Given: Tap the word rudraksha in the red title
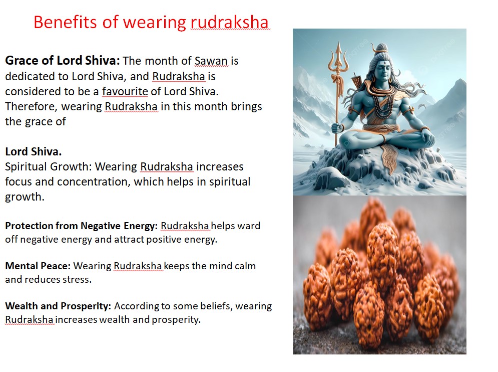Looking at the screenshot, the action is coord(230,22).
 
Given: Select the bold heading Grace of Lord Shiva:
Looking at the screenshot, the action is coord(63,61).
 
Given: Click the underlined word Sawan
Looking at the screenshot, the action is coord(211,61).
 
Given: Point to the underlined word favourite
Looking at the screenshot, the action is coord(125,91).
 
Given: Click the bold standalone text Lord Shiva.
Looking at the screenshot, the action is coord(34,151).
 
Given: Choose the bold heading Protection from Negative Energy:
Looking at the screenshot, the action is coord(81,226).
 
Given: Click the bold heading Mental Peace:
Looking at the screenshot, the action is coord(38,266).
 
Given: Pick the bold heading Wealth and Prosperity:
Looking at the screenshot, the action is coord(58,306).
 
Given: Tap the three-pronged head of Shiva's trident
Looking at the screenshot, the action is coord(338,57).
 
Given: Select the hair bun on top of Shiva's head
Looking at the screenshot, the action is coord(380,48).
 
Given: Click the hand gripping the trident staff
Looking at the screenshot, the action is coord(337,128).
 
